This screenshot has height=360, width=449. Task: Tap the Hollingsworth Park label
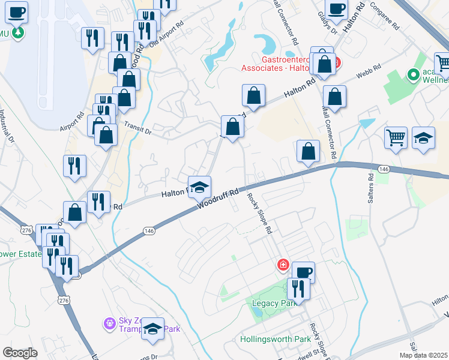(x=276, y=339)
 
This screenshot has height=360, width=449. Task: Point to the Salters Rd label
(x=371, y=184)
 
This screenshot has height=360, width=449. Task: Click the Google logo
(x=20, y=352)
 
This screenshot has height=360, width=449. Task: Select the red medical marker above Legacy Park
(x=283, y=265)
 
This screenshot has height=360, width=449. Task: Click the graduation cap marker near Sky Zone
(x=153, y=329)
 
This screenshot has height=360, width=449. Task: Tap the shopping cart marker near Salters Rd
(x=396, y=137)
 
